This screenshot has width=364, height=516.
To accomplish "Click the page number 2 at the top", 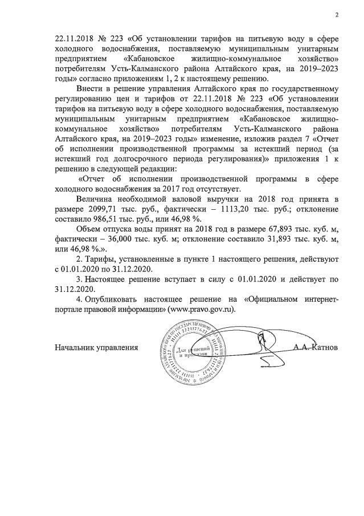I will pos(337,15).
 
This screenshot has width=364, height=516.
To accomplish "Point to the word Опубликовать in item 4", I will pos(114,299).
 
